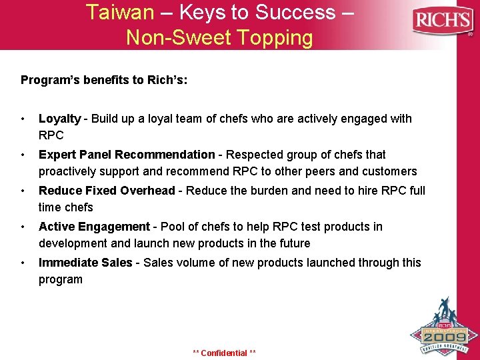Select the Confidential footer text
[224, 353]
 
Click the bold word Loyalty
[59, 119]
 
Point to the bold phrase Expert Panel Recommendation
[127, 155]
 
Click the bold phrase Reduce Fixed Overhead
[107, 191]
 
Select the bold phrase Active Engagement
[94, 227]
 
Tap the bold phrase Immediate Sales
[85, 263]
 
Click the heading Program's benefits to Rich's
[104, 80]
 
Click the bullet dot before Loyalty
[23, 119]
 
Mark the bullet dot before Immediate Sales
[23, 263]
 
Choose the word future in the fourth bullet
[292, 243]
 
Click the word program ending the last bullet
[61, 280]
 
